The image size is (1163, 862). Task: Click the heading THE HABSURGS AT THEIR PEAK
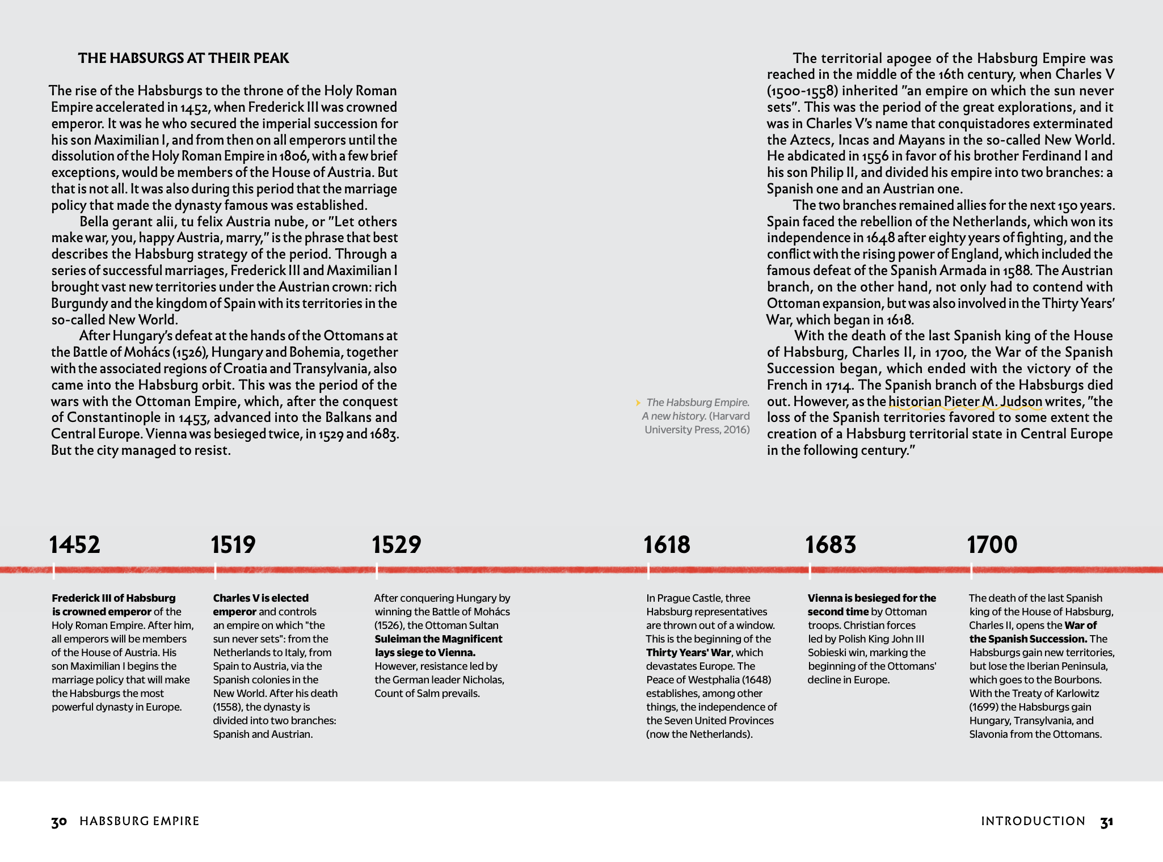point(183,58)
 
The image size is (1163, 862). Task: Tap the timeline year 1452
point(75,544)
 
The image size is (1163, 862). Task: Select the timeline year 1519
point(233,544)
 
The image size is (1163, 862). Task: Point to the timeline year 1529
point(397,544)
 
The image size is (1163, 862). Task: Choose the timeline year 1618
point(667,544)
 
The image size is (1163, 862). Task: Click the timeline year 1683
point(831,544)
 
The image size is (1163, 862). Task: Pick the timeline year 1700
point(992,544)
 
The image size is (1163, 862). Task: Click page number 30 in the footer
point(59,822)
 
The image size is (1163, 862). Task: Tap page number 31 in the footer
point(1107,822)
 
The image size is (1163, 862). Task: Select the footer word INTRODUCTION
point(1033,821)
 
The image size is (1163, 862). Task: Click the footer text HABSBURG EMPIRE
point(140,821)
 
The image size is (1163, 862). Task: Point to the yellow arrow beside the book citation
point(638,403)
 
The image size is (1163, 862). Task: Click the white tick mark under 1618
point(648,571)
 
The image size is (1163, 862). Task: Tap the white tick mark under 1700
point(971,571)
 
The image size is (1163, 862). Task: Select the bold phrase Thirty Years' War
point(689,653)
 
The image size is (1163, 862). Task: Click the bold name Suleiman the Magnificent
point(439,639)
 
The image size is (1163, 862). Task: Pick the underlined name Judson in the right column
point(1021,402)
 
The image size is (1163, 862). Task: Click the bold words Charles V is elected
point(260,598)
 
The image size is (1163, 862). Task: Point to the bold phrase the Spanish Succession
point(1027,639)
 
